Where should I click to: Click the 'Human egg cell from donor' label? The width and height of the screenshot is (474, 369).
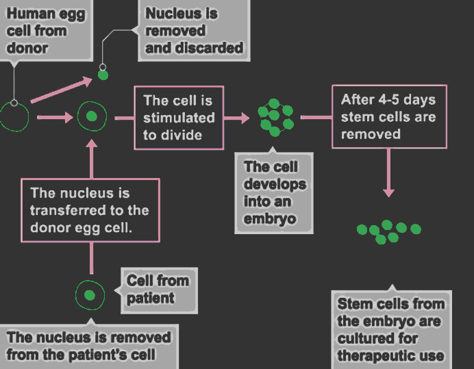click(x=45, y=30)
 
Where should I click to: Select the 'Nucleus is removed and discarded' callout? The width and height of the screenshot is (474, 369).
click(x=194, y=30)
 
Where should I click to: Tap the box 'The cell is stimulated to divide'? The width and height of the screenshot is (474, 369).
click(x=179, y=118)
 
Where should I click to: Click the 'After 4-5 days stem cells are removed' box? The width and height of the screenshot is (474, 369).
click(x=389, y=116)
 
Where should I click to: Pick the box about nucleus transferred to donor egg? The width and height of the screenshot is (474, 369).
click(x=90, y=210)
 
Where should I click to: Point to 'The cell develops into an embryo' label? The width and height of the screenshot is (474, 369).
click(x=274, y=193)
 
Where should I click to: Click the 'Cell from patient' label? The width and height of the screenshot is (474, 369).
click(x=159, y=290)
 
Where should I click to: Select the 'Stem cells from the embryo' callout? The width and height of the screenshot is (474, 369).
click(x=392, y=329)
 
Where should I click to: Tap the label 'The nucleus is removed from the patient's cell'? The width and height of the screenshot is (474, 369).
click(x=89, y=346)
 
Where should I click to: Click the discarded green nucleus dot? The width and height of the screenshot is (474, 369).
click(x=103, y=75)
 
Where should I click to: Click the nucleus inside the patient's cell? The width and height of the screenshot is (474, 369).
click(x=90, y=295)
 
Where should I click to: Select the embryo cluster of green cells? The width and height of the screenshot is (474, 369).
click(x=275, y=118)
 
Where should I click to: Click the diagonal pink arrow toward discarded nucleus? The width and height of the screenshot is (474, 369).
click(x=62, y=90)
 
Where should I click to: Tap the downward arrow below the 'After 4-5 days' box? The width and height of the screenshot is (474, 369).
click(x=388, y=173)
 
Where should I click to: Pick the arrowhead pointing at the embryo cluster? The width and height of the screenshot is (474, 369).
click(x=245, y=118)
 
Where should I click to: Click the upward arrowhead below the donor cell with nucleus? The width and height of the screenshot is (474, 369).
click(x=91, y=143)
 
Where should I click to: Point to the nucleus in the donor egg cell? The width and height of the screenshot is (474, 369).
click(x=92, y=116)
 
